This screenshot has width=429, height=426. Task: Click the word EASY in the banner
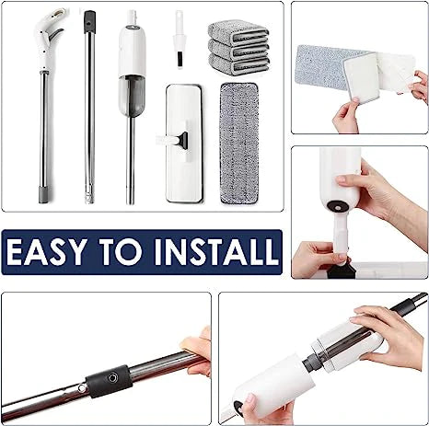(x=46, y=251)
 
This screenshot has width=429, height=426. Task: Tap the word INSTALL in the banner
(x=216, y=251)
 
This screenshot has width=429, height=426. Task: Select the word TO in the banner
(x=121, y=251)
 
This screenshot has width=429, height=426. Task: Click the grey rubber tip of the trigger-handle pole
(x=43, y=194)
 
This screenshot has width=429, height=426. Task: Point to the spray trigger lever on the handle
(x=56, y=35)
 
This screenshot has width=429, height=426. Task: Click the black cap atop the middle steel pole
(x=89, y=21)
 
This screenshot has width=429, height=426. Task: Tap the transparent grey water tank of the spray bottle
(x=132, y=95)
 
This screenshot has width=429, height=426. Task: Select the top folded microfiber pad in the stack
(x=238, y=32)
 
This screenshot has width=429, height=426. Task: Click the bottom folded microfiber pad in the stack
(x=238, y=65)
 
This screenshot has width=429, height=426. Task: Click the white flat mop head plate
(x=184, y=144)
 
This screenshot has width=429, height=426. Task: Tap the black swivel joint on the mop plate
(x=184, y=140)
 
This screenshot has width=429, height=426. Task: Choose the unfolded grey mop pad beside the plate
(x=239, y=144)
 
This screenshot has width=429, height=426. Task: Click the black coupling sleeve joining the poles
(x=109, y=381)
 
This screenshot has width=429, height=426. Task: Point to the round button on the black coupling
(x=112, y=377)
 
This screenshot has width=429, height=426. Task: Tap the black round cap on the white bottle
(x=338, y=205)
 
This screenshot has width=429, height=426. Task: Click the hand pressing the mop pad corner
(x=346, y=116)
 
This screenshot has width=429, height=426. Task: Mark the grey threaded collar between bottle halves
(x=310, y=361)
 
